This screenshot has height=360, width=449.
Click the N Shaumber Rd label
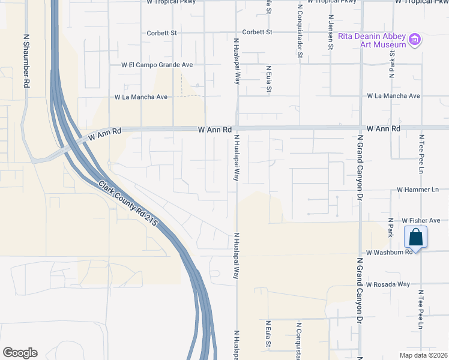point(26,61)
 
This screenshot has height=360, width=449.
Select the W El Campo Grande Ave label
point(157,64)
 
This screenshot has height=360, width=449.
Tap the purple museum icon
point(415,40)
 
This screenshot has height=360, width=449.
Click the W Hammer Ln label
point(418,190)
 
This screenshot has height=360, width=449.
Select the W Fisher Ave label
point(421,221)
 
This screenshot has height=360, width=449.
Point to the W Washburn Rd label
point(390,253)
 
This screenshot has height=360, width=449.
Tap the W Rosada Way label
point(388,284)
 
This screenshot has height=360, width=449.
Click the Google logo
point(20,353)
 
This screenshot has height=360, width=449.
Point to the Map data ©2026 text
point(423,355)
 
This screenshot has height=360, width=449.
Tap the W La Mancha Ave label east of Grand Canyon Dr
point(393,95)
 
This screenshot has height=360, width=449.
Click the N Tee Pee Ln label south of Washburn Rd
point(421,313)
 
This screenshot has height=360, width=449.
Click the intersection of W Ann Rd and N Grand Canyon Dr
point(360,128)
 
